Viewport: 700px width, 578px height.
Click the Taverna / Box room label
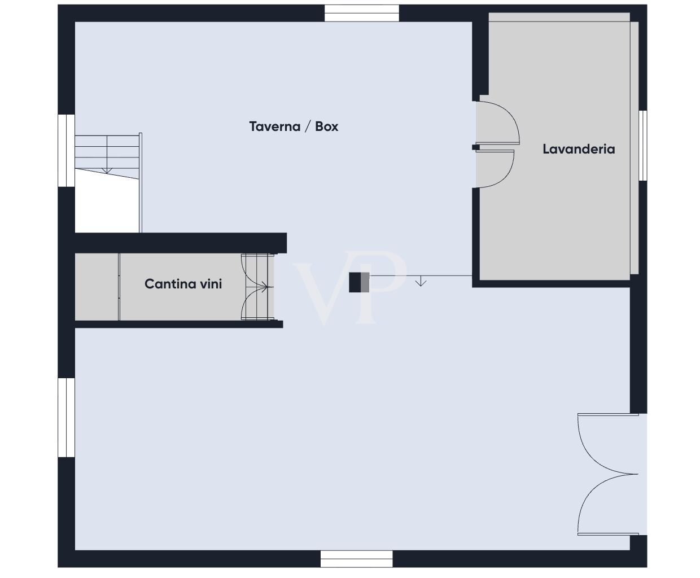point(294,126)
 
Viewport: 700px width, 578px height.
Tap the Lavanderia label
point(579,149)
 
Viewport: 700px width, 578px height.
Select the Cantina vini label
point(183,284)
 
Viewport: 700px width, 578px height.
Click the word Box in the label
point(326,126)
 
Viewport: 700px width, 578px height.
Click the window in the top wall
point(362,13)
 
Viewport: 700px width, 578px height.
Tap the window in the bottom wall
point(356,559)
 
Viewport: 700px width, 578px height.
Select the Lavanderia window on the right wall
point(642,145)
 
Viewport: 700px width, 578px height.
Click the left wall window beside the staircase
point(67,150)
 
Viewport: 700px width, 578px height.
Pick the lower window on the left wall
point(67,417)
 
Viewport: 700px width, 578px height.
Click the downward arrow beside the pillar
point(421,281)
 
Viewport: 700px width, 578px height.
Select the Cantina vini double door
point(257,287)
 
